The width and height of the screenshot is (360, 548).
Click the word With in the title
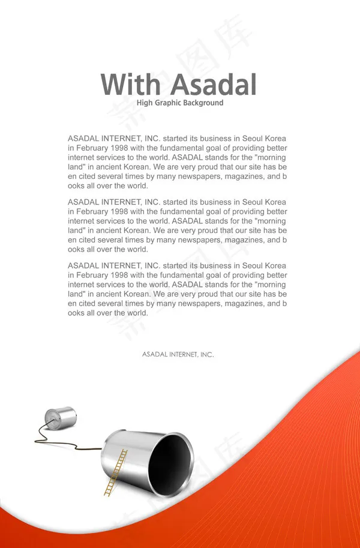click(x=130, y=85)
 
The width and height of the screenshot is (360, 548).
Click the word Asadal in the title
click(x=213, y=85)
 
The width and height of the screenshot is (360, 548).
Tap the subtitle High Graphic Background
click(x=180, y=103)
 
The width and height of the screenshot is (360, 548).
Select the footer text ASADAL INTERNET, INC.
click(x=178, y=355)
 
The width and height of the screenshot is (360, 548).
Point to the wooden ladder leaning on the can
click(x=116, y=472)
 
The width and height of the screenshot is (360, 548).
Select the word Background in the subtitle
click(x=203, y=103)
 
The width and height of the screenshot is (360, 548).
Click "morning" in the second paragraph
click(x=271, y=221)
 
